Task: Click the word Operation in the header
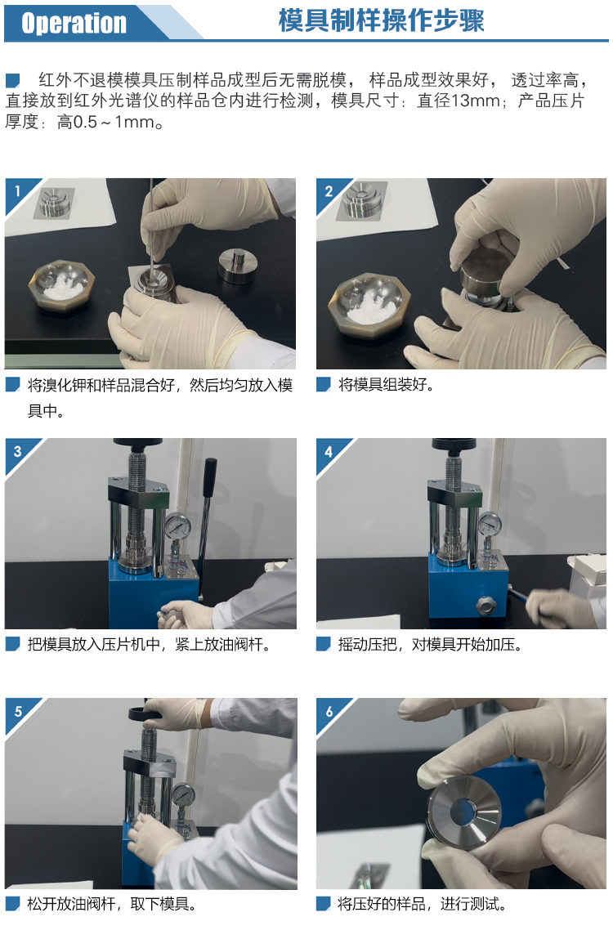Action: click(x=74, y=24)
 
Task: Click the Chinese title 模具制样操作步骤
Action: click(x=381, y=20)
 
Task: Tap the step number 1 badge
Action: click(x=17, y=191)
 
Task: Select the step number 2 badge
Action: click(x=329, y=191)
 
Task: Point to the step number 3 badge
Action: click(x=17, y=451)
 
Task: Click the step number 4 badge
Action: click(x=329, y=451)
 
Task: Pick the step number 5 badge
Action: click(x=17, y=711)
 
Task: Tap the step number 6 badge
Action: click(x=329, y=711)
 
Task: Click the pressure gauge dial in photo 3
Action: click(x=177, y=526)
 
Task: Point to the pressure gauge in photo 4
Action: click(x=489, y=524)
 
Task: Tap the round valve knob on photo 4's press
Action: click(x=484, y=606)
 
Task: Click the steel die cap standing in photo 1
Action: click(x=238, y=266)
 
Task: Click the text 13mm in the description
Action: click(x=475, y=101)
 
